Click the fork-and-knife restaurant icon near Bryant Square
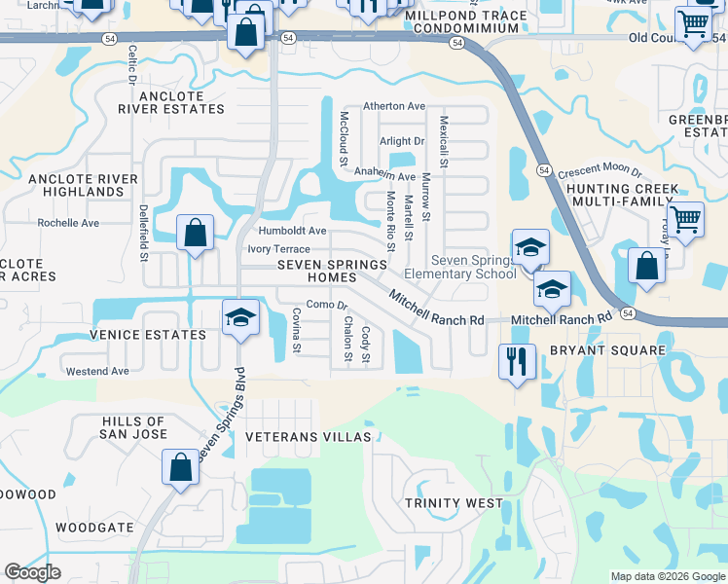[517, 361]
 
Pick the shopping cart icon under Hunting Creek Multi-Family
[685, 220]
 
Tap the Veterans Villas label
[309, 437]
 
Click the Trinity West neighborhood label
[455, 503]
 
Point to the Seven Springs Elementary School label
[473, 267]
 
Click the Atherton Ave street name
[394, 106]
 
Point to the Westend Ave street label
[97, 372]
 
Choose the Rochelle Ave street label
[68, 223]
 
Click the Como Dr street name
[327, 305]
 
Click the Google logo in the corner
[32, 572]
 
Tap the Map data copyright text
[667, 576]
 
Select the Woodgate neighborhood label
[94, 527]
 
